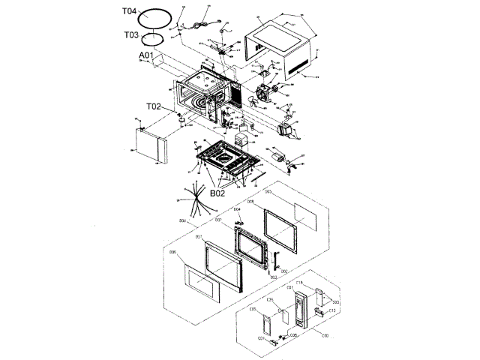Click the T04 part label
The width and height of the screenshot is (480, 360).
click(129, 13)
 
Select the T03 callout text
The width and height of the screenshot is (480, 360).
click(130, 34)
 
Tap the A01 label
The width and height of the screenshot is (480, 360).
click(145, 55)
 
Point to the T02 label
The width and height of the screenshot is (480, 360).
click(154, 106)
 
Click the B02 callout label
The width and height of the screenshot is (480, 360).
click(218, 193)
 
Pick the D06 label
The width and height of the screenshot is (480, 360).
click(172, 253)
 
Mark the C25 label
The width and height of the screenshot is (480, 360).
click(271, 300)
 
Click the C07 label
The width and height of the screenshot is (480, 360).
click(261, 338)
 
